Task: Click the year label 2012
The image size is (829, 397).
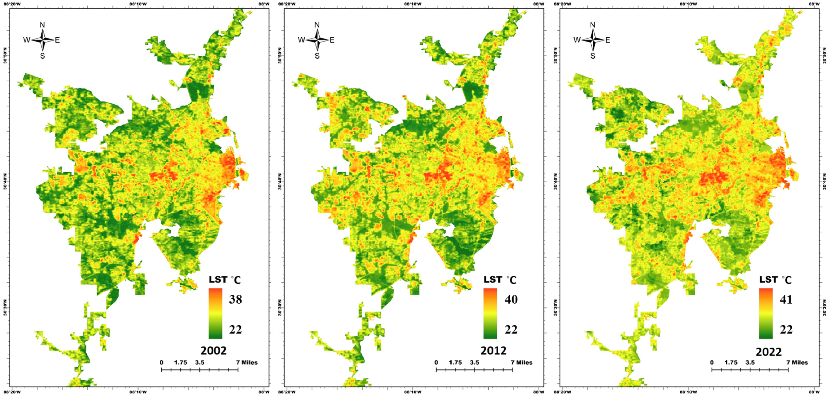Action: point(493,350)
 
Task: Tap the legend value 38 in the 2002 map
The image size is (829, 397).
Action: point(235,299)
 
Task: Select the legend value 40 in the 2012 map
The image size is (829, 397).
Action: point(511,299)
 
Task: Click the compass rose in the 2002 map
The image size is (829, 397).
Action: point(42,40)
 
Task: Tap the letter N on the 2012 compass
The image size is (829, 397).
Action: point(317,25)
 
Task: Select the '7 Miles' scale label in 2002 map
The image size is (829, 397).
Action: point(247,362)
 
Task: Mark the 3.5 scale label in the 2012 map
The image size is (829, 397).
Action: point(474,362)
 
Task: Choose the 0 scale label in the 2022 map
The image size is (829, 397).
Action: point(712,362)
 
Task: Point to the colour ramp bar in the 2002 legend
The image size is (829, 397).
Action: point(215,313)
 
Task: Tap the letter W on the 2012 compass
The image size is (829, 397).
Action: point(301,40)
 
